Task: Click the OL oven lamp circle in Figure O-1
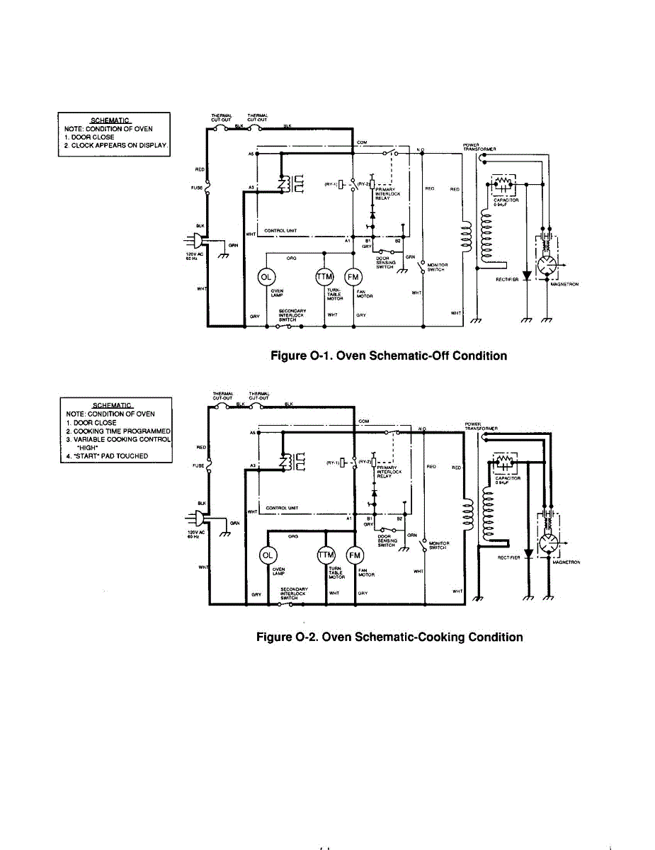[x=267, y=277]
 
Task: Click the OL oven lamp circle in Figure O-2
[x=268, y=555]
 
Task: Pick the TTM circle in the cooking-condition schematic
[x=326, y=555]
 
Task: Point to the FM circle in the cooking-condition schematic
[x=354, y=555]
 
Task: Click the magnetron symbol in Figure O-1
[x=547, y=266]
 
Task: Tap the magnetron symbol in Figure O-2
[x=547, y=545]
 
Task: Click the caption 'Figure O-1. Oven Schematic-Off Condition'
[x=389, y=356]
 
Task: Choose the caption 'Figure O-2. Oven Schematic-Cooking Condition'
[x=389, y=637]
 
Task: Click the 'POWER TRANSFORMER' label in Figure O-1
[x=479, y=148]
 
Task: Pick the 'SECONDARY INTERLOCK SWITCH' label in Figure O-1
[x=292, y=314]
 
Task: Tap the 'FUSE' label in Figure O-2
[x=198, y=465]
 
